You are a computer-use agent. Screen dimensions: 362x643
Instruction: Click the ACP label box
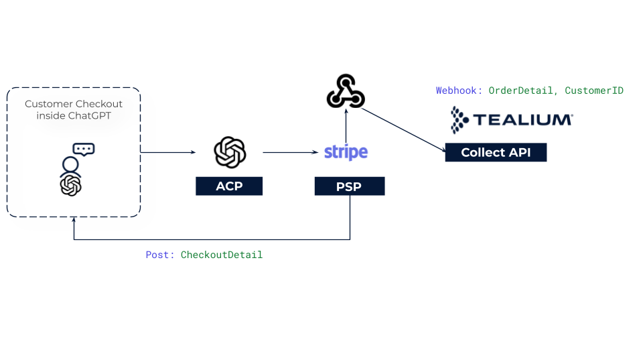229,186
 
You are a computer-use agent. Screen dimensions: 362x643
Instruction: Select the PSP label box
350,186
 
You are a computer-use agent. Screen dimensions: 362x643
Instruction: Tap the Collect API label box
496,152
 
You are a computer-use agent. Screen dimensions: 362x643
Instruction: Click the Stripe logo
346,152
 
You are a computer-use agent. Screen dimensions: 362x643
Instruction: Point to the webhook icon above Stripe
346,92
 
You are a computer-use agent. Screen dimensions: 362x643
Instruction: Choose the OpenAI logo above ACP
230,152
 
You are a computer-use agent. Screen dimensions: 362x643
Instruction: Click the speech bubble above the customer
84,149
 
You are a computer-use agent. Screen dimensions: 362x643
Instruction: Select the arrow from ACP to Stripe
290,152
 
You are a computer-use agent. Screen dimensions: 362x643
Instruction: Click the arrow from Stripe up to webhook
346,125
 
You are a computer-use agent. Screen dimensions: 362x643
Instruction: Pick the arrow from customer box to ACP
168,152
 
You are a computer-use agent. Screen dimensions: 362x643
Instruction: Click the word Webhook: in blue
459,90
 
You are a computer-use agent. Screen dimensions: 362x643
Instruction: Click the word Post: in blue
160,255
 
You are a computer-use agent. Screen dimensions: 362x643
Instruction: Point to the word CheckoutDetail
222,255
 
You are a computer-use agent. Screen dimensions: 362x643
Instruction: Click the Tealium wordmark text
523,120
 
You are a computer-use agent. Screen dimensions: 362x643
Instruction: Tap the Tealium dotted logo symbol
459,119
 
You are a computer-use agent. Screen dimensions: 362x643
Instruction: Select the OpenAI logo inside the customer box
70,186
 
